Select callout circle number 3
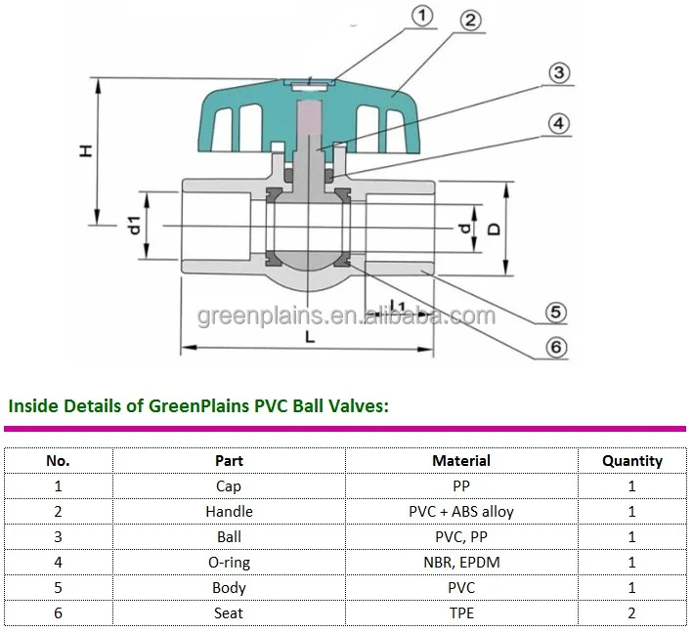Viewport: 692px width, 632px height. [559, 73]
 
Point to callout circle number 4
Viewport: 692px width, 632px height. [558, 124]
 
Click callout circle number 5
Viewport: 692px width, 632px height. [555, 312]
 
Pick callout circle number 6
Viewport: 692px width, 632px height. [555, 348]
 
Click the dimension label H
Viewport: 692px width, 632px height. [85, 151]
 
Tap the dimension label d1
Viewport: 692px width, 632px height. [135, 227]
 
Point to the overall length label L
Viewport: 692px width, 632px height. [309, 337]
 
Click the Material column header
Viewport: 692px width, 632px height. [461, 460]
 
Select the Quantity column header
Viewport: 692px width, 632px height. [631, 460]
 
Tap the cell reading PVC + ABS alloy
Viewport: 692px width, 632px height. [461, 511]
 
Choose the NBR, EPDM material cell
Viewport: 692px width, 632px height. [461, 562]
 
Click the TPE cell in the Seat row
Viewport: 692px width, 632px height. [461, 612]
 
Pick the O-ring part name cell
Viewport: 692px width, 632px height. [229, 562]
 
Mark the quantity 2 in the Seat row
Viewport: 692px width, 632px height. [631, 612]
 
